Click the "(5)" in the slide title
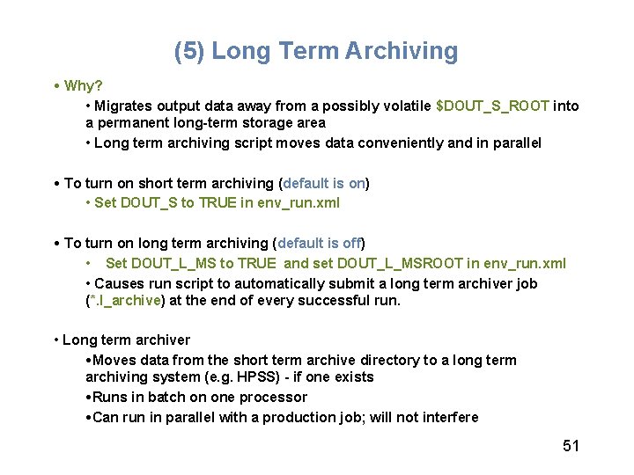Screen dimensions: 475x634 (189, 51)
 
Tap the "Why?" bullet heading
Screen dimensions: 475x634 (84, 86)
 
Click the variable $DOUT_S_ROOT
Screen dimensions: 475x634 (492, 106)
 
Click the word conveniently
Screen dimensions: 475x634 (395, 143)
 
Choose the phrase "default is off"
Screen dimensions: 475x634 (320, 244)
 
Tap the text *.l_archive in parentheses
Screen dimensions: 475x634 (124, 301)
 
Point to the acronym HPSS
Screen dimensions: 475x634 (257, 377)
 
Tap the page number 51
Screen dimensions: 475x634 (571, 446)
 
